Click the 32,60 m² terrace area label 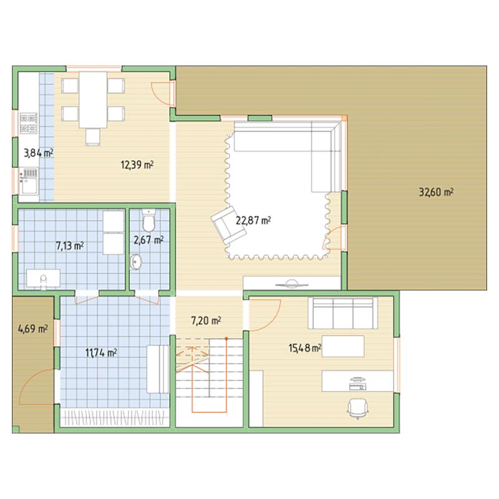click(436, 192)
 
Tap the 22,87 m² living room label click(253, 220)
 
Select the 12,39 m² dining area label click(137, 165)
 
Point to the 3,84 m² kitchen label click(39, 153)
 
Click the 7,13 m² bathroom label click(70, 246)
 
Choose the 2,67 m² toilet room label click(148, 240)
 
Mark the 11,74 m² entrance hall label click(101, 352)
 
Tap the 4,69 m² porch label click(33, 329)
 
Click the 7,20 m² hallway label click(206, 321)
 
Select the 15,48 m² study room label click(305, 348)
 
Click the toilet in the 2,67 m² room click(148, 220)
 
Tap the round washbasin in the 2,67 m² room click(136, 262)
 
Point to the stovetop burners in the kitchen click(29, 123)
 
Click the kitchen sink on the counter click(29, 181)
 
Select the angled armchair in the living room click(228, 226)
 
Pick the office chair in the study click(357, 408)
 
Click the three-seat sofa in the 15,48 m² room click(342, 313)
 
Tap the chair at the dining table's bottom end click(92, 137)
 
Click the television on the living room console click(292, 284)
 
